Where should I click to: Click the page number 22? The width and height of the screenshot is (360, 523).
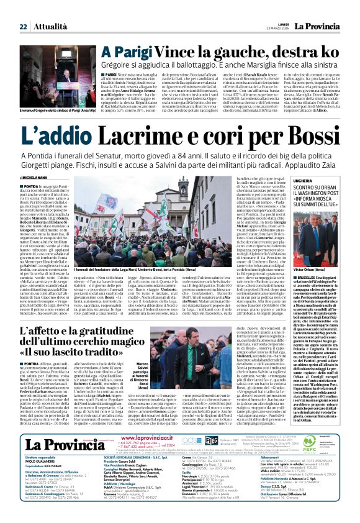pos(23,27)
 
